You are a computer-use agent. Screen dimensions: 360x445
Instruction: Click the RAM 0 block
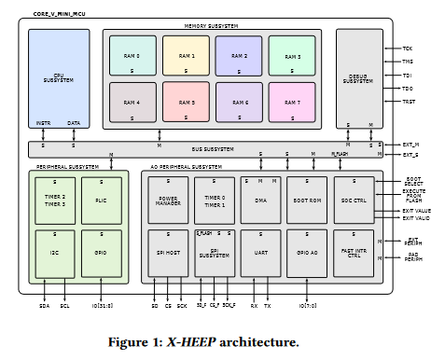pos(132,56)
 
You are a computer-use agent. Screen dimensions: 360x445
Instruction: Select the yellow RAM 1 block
pos(186,56)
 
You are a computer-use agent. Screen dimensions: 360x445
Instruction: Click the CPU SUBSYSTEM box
pos(58,78)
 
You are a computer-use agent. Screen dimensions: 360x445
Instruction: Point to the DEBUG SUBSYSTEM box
pos(359,78)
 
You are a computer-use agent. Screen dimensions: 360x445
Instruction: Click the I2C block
pos(55,252)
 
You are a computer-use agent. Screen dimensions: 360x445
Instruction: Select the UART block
pos(260,252)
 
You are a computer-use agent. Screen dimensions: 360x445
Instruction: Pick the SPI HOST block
pos(168,252)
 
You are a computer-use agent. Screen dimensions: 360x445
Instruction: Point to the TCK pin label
pos(407,48)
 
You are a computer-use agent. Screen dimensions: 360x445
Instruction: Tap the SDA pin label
pos(44,304)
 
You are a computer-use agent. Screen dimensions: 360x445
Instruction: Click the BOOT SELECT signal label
pos(413,182)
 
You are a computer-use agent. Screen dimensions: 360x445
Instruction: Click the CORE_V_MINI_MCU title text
pos(57,14)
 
